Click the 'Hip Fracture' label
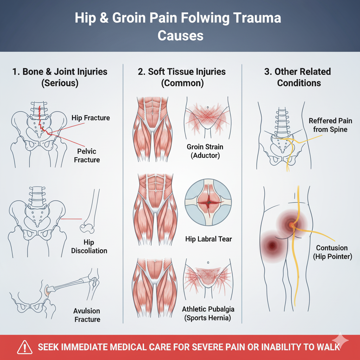(91, 118)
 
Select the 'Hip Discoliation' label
(89, 246)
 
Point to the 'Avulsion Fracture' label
(87, 315)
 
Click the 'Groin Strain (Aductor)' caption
(205, 151)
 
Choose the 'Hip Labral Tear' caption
(208, 239)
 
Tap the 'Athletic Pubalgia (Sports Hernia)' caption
(208, 314)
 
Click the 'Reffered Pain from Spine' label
(330, 125)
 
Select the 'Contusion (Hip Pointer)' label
(332, 252)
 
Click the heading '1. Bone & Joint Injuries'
(59, 72)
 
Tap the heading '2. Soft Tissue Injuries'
(182, 72)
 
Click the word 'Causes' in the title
(180, 36)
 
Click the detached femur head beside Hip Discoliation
(88, 229)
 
